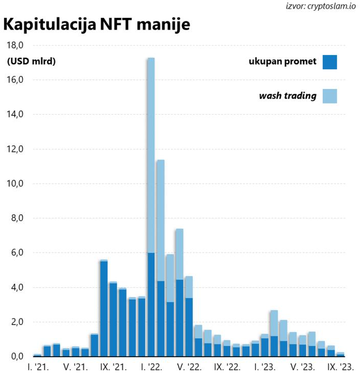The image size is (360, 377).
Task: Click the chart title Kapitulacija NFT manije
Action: pos(97,25)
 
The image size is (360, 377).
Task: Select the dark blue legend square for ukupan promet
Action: pos(329,62)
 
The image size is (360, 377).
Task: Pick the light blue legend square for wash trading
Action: pos(329,96)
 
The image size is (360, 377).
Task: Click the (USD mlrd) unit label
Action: pos(31,62)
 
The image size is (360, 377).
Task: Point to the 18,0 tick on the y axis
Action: pos(15,45)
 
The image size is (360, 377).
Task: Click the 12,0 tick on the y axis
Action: pos(15,149)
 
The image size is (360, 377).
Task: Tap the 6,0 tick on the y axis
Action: pos(16,253)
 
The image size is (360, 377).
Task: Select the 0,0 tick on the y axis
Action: pos(16,356)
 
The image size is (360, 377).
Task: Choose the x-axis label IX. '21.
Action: pos(113,367)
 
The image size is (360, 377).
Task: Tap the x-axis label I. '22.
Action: pos(151,367)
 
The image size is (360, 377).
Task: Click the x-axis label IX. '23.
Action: pos(339,367)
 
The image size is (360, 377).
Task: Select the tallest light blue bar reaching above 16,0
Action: pos(151,153)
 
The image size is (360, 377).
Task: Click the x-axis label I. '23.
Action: pos(264,367)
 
